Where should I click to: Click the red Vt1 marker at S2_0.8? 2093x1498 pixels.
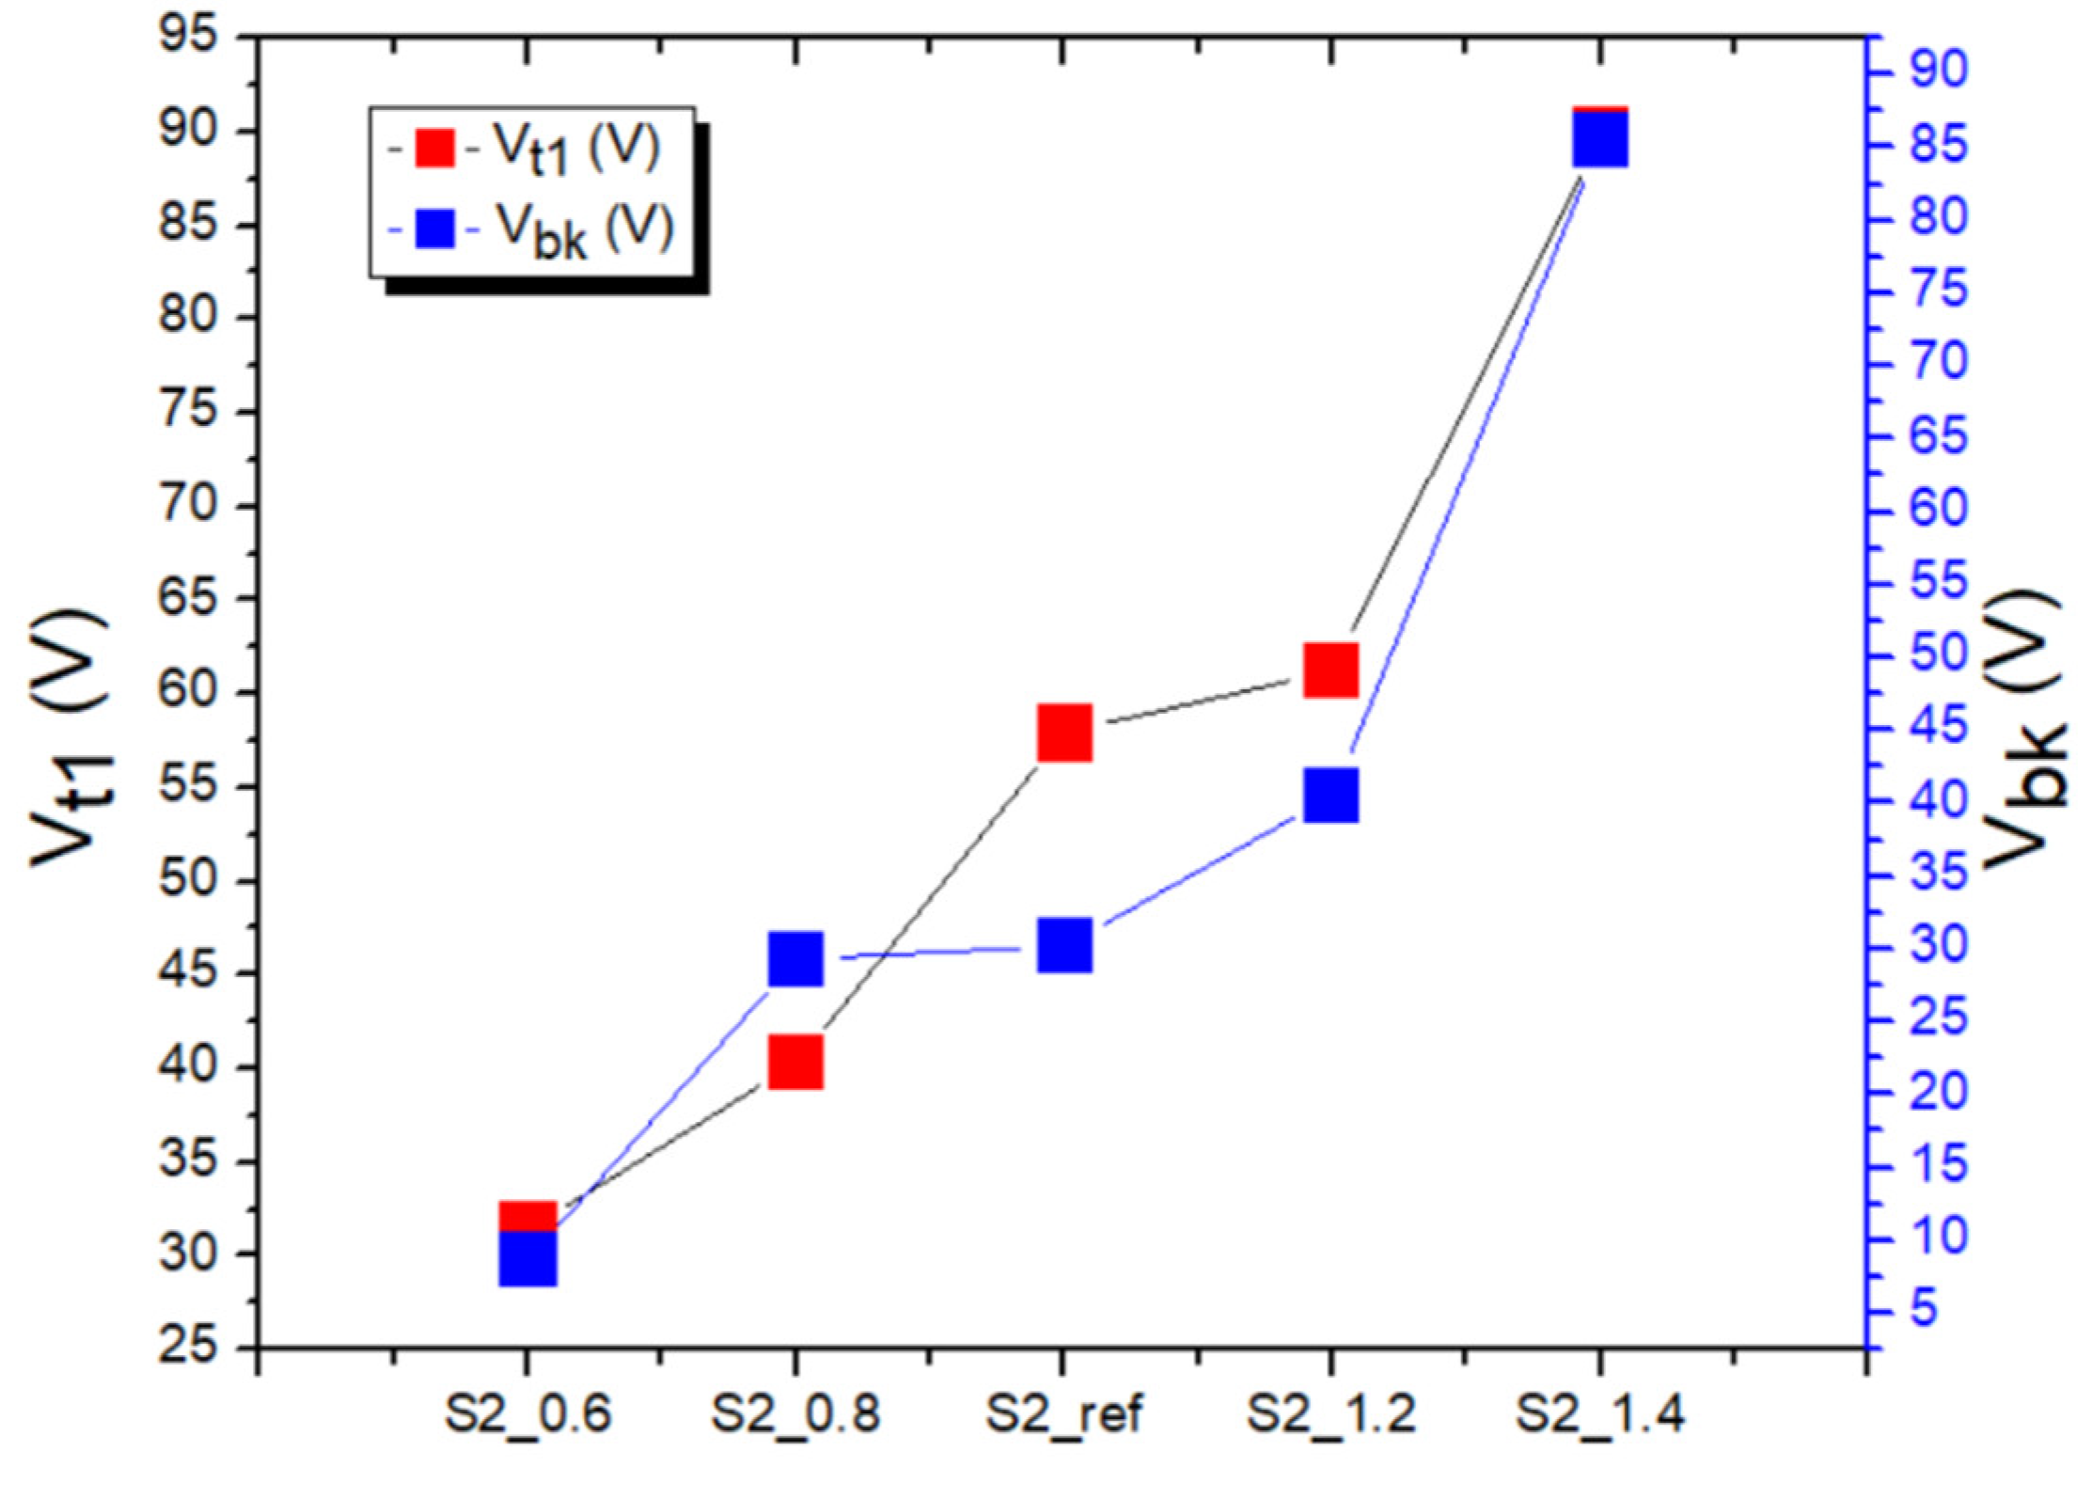tap(795, 1063)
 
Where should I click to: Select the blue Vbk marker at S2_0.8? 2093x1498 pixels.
tap(795, 958)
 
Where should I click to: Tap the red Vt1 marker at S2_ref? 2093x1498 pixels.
tap(1064, 732)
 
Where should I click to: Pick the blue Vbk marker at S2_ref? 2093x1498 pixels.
tap(1064, 945)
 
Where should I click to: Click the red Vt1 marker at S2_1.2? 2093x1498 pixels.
tap(1330, 670)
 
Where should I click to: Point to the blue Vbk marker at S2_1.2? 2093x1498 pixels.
tap(1330, 795)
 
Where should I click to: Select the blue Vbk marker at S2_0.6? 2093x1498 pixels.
tap(527, 1258)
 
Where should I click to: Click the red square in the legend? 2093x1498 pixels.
tap(434, 148)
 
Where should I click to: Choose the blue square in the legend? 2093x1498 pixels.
tap(434, 229)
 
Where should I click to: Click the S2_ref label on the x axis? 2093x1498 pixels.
tap(1063, 1413)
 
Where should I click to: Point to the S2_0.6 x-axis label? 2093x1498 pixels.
tap(527, 1413)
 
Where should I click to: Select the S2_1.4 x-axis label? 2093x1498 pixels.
tap(1599, 1413)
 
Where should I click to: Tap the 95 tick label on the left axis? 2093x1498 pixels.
tap(188, 38)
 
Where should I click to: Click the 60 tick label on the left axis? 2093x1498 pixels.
tap(188, 691)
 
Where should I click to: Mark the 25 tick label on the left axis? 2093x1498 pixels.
tap(188, 1347)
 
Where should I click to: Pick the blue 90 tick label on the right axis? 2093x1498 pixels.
tap(1938, 71)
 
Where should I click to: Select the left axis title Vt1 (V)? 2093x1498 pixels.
tap(71, 738)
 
